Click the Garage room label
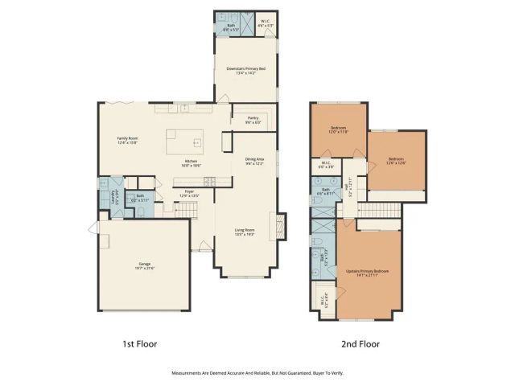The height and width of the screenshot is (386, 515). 146,265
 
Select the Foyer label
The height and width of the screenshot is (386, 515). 187,193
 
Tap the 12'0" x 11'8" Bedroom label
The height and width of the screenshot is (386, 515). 338,130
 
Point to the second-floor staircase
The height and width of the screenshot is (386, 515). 378,211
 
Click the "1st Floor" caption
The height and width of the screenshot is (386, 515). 140,343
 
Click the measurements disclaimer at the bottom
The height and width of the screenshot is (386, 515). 257,373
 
